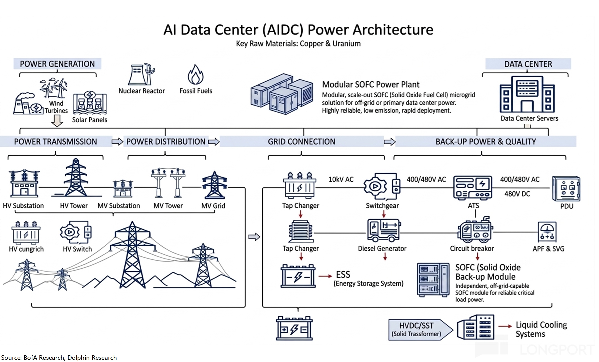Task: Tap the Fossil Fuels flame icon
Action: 195,75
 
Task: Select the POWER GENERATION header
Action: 57,64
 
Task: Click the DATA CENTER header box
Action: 528,64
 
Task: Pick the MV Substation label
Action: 119,206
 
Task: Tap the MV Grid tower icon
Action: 214,185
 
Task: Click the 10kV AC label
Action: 341,179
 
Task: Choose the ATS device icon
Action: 472,188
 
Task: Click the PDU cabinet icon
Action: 566,188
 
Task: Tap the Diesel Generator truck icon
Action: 384,230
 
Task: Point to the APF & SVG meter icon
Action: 547,231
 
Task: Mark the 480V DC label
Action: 517,194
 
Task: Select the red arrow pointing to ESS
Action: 325,276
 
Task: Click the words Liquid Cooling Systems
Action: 541,329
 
